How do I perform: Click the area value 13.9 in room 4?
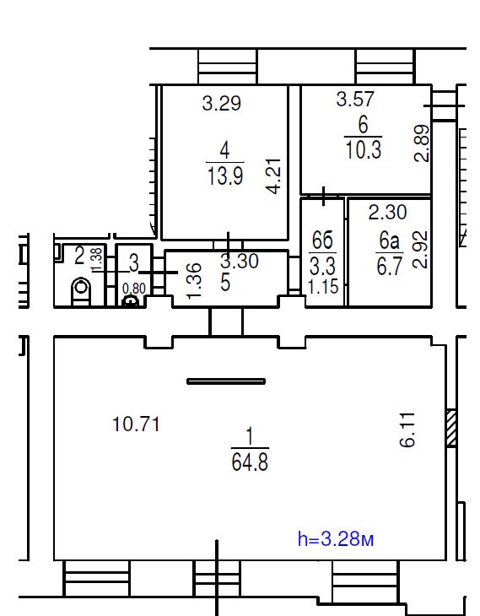click(x=225, y=176)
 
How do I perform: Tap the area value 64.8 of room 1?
click(x=250, y=462)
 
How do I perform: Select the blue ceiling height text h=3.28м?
click(x=336, y=538)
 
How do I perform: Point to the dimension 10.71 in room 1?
click(x=136, y=424)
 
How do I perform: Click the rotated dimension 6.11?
click(x=407, y=430)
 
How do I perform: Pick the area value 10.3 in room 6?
click(x=363, y=149)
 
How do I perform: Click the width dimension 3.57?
click(x=355, y=99)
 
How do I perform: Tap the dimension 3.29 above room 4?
click(x=222, y=103)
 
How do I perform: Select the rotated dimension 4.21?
click(x=273, y=176)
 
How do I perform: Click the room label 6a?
click(x=389, y=240)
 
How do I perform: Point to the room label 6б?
click(x=322, y=240)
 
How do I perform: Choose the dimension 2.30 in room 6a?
click(x=387, y=212)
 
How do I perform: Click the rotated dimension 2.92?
click(x=420, y=250)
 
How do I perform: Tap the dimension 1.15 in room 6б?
click(x=323, y=287)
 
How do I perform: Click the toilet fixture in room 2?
click(x=81, y=291)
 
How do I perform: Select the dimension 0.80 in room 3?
click(x=134, y=289)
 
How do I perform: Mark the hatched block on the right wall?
click(x=451, y=428)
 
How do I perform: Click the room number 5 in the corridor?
click(x=225, y=283)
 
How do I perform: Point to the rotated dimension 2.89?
click(x=423, y=143)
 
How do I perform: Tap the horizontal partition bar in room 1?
click(x=226, y=381)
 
